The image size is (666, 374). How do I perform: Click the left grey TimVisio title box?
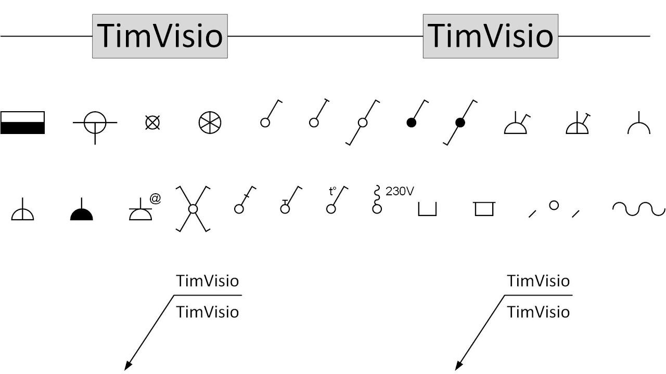coord(160,36)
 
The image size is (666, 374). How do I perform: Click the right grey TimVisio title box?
coord(491,36)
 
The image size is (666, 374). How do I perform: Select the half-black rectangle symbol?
coord(22,123)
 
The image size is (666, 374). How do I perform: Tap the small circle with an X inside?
coord(152,123)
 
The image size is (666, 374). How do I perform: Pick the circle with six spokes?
coord(210,123)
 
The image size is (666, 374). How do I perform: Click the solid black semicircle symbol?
coord(82,212)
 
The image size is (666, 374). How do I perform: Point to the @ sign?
coord(155,198)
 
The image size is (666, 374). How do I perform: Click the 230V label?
coord(400,191)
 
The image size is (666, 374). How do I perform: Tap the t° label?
coord(333,191)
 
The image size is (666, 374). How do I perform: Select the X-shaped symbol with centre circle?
coord(193,209)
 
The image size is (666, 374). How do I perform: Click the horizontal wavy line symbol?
coord(638,208)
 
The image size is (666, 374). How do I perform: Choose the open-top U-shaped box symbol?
coord(427,209)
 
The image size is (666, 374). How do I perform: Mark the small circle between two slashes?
coord(554,206)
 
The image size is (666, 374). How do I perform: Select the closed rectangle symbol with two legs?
coord(484,209)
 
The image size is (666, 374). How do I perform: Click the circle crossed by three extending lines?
coord(95,123)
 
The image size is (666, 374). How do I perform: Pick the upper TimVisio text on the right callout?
coord(538,281)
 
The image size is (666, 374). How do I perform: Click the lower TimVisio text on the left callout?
coord(207,312)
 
